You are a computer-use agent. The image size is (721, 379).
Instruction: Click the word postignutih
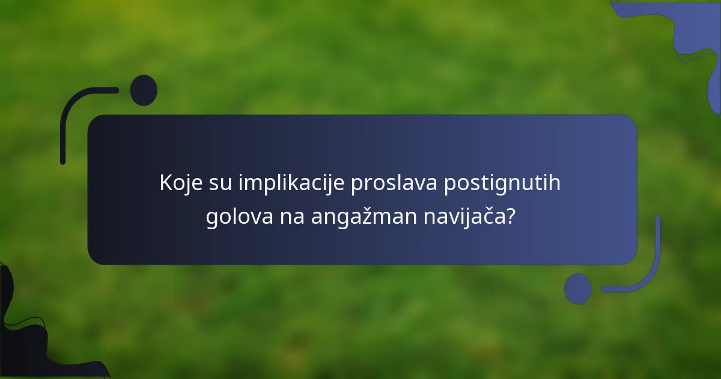point(502,183)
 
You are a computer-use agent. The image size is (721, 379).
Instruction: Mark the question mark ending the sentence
point(510,216)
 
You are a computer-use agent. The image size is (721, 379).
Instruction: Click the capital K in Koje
point(165,183)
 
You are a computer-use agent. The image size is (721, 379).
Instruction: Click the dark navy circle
point(144,90)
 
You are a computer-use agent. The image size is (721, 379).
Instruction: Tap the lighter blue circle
point(577,289)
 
